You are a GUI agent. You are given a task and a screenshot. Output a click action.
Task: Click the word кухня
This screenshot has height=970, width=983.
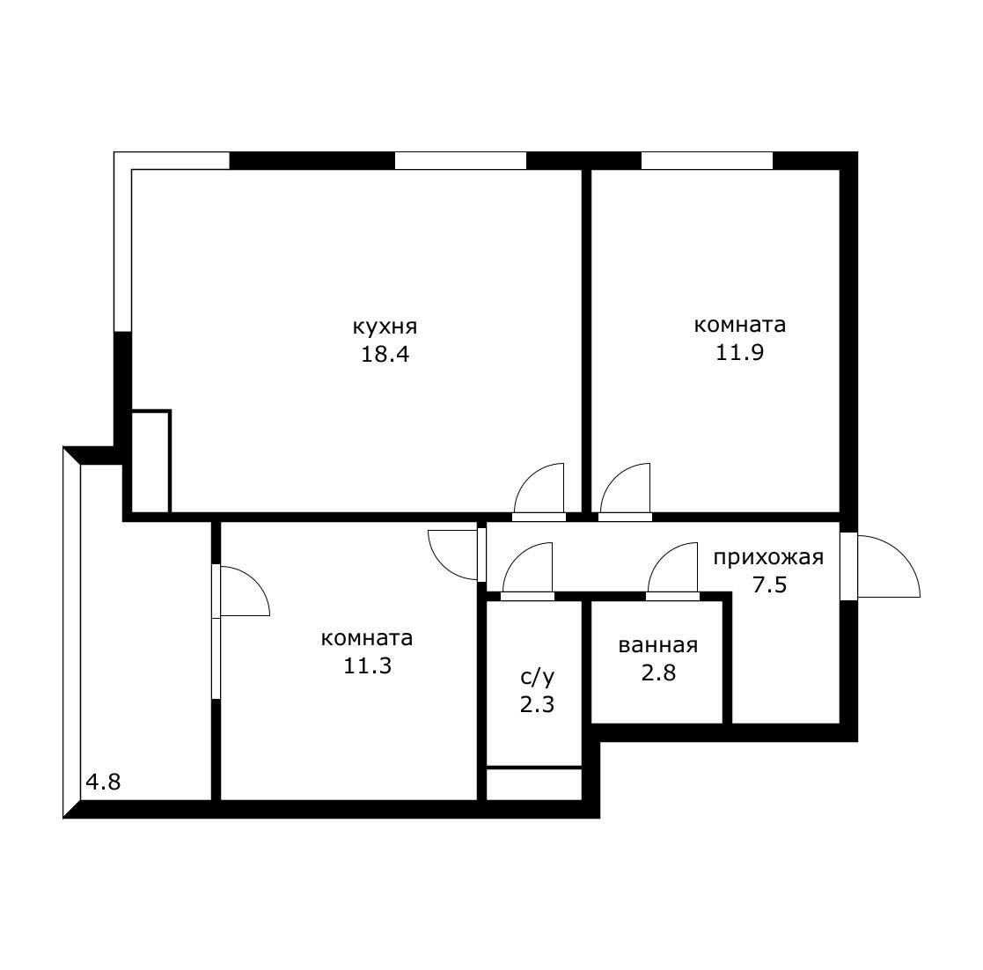click(x=385, y=327)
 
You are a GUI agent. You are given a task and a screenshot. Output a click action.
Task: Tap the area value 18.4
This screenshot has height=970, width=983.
click(x=385, y=355)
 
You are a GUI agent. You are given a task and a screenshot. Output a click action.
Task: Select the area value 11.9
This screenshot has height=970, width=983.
click(x=740, y=352)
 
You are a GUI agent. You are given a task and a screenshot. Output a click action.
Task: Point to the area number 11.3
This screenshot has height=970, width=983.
click(x=367, y=665)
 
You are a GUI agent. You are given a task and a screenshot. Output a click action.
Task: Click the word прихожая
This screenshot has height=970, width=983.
click(x=768, y=557)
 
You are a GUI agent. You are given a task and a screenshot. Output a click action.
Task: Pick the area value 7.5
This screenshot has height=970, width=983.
click(x=769, y=585)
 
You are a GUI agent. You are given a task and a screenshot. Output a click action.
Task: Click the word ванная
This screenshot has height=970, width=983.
click(x=657, y=645)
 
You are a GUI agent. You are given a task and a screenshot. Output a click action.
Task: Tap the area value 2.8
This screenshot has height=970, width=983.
click(x=658, y=672)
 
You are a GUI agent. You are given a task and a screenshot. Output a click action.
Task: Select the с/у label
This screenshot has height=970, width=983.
click(x=538, y=677)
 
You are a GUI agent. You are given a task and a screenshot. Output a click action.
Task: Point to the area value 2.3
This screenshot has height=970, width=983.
click(x=538, y=705)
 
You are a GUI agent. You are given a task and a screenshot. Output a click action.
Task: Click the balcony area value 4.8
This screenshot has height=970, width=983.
click(x=103, y=783)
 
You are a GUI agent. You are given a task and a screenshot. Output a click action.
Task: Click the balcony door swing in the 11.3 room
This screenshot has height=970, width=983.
click(x=255, y=581)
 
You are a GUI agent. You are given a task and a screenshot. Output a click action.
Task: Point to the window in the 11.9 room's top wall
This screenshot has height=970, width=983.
click(x=708, y=160)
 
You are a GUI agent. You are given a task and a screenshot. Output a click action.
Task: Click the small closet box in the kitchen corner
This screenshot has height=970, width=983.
click(x=151, y=461)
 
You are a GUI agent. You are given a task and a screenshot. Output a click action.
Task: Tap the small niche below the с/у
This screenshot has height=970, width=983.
click(x=534, y=783)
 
